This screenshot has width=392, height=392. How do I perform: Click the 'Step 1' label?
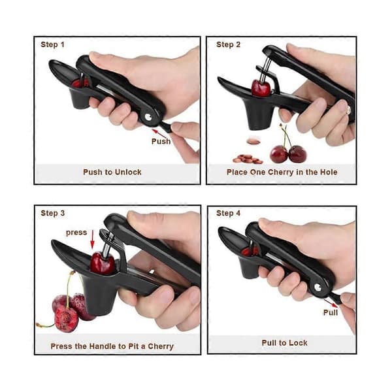coord(52,44)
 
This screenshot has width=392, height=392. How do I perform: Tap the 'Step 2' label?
coord(228,44)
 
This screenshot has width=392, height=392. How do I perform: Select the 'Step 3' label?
coord(53,213)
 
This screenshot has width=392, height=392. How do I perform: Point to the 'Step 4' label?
coord(228,213)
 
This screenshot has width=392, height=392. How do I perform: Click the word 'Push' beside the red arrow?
coord(161,141)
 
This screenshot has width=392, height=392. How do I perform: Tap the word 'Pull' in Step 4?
coord(331,312)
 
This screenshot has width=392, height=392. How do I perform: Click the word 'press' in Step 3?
coord(76,233)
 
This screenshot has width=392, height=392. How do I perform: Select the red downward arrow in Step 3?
coord(93,240)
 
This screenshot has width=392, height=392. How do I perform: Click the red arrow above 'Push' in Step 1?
coord(159,133)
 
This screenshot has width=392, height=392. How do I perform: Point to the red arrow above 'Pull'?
coord(331,303)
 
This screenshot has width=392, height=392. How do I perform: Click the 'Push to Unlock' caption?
coord(112,172)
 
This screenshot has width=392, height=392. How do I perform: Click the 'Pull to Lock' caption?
coord(284,343)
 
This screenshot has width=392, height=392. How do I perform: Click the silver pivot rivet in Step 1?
coord(148,117)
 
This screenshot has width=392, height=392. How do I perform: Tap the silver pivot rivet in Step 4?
coord(318,287)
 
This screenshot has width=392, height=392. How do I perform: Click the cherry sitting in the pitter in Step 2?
coord(261,88)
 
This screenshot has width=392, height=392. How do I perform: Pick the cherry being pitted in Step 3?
coord(103,263)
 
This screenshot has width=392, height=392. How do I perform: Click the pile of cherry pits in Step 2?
coord(248,159)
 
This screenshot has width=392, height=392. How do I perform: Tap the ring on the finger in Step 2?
coord(348,108)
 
